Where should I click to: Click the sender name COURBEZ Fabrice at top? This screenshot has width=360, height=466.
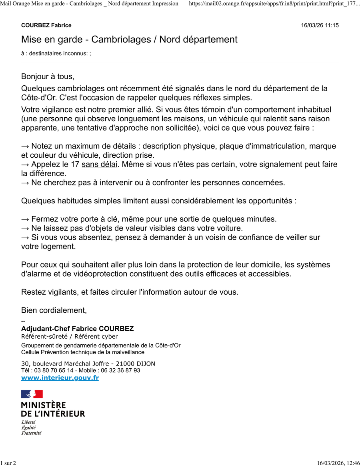tap(46, 25)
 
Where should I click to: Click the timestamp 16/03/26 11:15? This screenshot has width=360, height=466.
tap(320, 25)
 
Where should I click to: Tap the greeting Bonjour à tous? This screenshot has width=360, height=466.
tap(48, 76)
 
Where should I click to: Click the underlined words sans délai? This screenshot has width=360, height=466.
tap(99, 165)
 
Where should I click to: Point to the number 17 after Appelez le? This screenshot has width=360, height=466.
tap(75, 165)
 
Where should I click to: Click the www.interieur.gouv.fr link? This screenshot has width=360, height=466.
tap(60, 378)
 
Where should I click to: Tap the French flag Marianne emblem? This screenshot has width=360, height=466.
tap(32, 394)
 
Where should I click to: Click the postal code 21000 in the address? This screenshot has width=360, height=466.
tap(125, 364)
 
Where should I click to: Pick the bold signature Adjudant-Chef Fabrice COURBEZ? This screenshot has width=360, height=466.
tap(77, 329)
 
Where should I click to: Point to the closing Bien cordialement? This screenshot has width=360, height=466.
tap(54, 310)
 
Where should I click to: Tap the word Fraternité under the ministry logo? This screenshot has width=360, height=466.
tap(31, 433)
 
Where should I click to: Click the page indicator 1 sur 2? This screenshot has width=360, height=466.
tap(8, 463)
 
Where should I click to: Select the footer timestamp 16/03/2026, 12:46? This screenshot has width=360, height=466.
tap(338, 463)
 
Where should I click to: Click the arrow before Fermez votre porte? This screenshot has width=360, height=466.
tap(25, 219)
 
